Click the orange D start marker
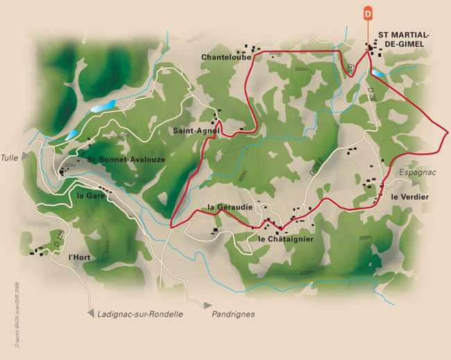[368, 13]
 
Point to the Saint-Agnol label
[197, 130]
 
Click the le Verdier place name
[409, 198]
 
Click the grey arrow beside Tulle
[26, 157]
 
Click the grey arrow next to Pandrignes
[207, 305]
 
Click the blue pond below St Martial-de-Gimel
[376, 72]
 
